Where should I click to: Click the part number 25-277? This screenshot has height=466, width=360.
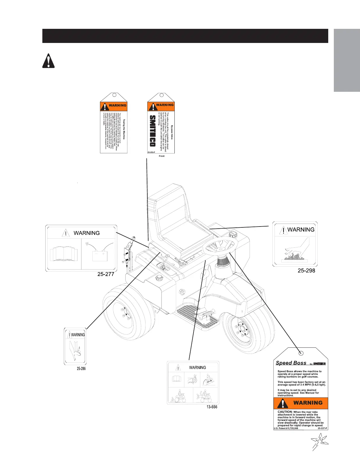pos(106,274)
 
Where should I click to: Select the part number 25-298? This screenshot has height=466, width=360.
pos(306,270)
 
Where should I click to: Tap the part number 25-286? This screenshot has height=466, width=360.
pos(81,368)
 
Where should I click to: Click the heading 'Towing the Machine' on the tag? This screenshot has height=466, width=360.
pos(124,129)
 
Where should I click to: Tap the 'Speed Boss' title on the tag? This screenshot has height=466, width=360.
pos(291,363)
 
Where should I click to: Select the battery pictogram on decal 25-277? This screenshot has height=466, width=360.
pos(99,254)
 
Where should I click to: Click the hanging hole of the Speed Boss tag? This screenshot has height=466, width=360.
pos(301,353)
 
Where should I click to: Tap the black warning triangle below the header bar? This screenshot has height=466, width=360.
pos(48,61)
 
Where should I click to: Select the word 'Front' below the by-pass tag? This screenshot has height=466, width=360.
pos(161,156)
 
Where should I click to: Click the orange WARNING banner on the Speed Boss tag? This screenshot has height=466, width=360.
pos(301,403)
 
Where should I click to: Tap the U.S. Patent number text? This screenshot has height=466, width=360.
pos(286,428)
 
